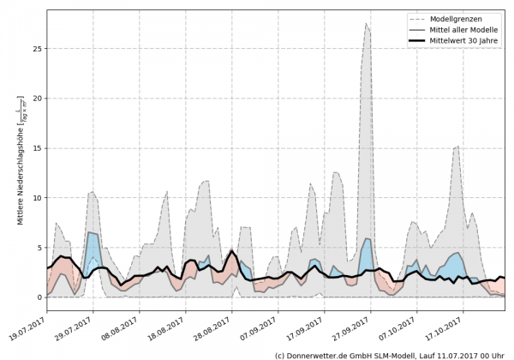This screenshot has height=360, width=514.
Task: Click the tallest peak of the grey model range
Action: pyautogui.click(x=367, y=24)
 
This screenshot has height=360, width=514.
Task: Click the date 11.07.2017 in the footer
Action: pyautogui.click(x=451, y=354)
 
